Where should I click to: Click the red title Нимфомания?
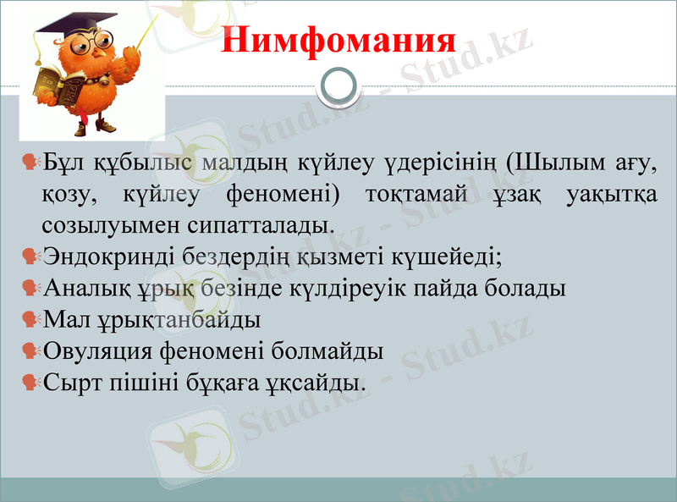pyautogui.click(x=338, y=41)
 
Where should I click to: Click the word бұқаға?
pyautogui.click(x=223, y=383)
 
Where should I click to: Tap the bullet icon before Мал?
pyautogui.click(x=31, y=319)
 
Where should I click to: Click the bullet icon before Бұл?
pyautogui.click(x=31, y=162)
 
